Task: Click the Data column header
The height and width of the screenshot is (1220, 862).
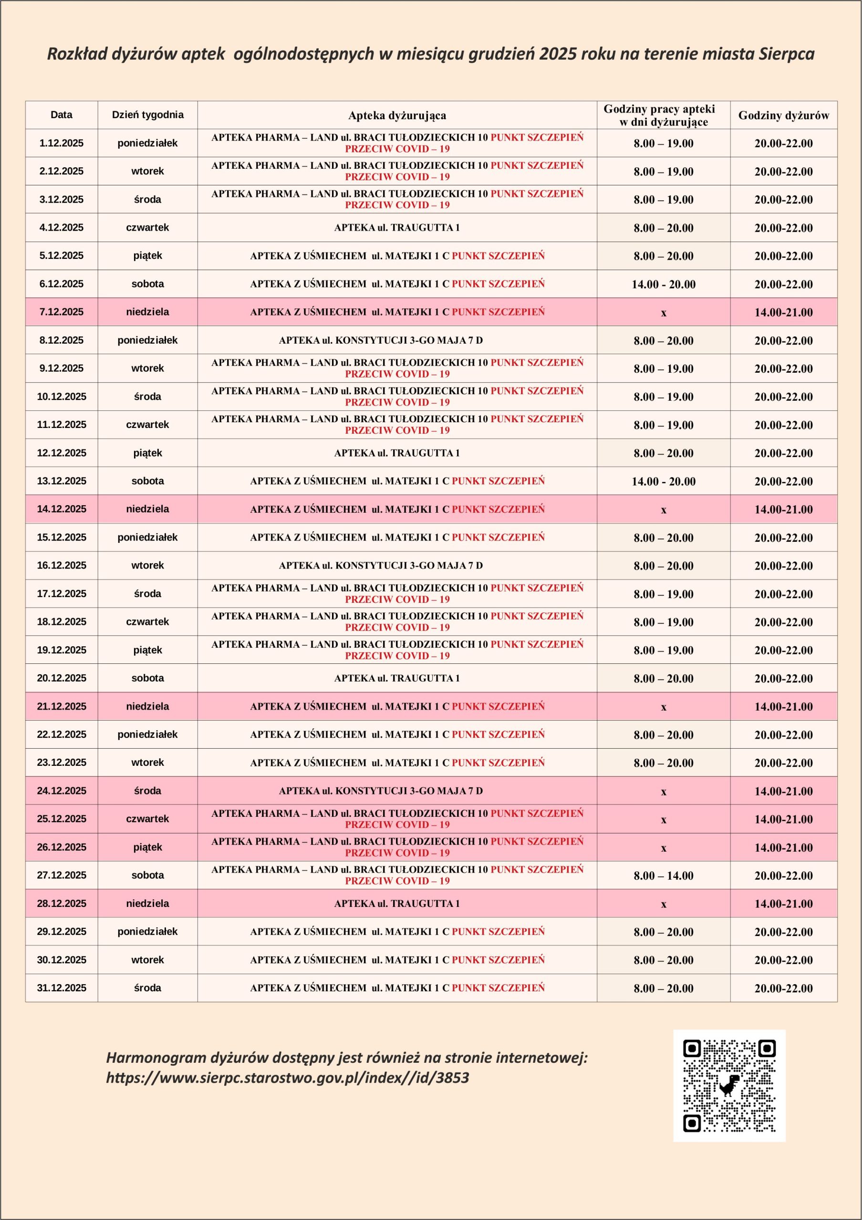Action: [61, 115]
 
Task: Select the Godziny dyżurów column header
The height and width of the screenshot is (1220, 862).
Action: [783, 115]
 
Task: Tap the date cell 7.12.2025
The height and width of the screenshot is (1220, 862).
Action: [61, 312]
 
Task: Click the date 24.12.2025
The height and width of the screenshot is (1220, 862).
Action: [61, 791]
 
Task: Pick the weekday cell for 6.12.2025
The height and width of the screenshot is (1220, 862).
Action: [147, 284]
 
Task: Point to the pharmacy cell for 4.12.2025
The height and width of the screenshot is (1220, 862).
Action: [397, 227]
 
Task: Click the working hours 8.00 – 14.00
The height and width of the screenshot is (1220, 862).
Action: [663, 875]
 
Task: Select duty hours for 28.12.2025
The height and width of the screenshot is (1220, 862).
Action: [783, 904]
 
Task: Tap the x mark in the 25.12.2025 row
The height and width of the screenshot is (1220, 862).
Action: [663, 820]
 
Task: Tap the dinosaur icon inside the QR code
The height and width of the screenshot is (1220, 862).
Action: [729, 1085]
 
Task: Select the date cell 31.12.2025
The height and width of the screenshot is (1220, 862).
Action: [61, 988]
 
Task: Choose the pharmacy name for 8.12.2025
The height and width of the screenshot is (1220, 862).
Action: [381, 340]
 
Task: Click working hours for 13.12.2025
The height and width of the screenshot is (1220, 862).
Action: [663, 481]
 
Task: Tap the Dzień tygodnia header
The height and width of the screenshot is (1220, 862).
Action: [147, 115]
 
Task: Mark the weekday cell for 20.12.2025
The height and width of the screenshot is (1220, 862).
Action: [147, 678]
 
